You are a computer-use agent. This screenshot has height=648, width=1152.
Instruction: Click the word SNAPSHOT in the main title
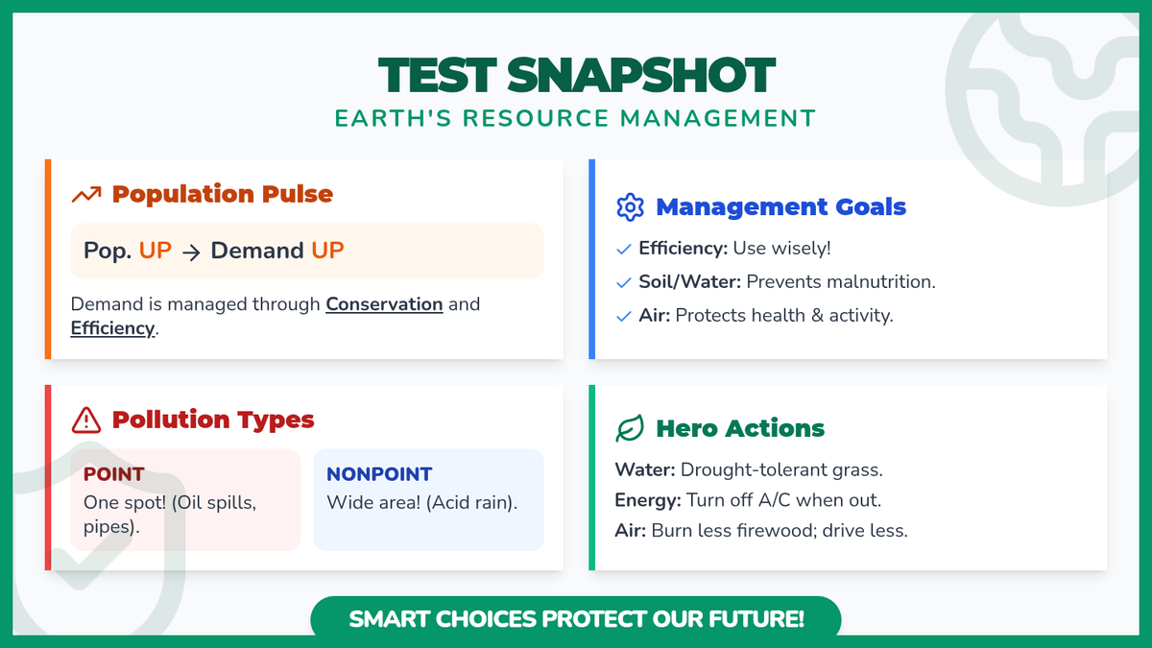[x=641, y=76]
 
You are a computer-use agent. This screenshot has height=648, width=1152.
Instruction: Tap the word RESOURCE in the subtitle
[x=536, y=118]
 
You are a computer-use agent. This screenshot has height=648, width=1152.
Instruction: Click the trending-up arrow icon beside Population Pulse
[x=86, y=194]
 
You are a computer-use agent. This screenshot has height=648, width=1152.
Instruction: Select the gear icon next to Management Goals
[x=630, y=207]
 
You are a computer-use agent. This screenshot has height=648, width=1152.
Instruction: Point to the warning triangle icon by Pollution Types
[x=85, y=420]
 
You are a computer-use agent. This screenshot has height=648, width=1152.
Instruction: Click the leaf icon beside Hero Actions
[x=630, y=428]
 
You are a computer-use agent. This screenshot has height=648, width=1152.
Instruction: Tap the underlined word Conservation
[x=384, y=304]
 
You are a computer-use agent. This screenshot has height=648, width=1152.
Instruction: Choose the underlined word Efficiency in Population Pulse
[x=112, y=328]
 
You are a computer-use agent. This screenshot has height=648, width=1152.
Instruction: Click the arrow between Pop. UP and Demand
[x=191, y=252]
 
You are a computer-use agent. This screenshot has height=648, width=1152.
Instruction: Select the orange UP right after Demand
[x=327, y=251]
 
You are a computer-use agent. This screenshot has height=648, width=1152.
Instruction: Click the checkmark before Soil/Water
[x=623, y=282]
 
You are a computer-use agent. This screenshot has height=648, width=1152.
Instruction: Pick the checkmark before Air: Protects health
[x=623, y=316]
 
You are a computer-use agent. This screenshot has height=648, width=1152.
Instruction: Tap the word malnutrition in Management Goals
[x=867, y=282]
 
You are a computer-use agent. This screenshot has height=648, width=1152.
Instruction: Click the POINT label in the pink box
[x=113, y=474]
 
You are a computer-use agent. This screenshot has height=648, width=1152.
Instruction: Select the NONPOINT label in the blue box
[x=379, y=474]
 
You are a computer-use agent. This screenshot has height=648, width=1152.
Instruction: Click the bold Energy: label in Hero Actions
[x=647, y=500]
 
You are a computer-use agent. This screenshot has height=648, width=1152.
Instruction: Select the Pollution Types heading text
[x=213, y=420]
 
